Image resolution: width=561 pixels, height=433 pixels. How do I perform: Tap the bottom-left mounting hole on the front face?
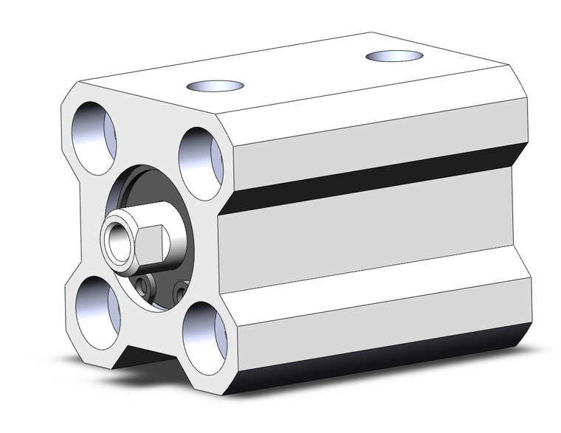pos(94,305)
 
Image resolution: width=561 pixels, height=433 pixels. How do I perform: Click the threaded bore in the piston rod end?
pos(117,240)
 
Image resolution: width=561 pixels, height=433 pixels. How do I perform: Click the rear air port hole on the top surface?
pos(394,56)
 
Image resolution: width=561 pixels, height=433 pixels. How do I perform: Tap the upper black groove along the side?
pos(369,177)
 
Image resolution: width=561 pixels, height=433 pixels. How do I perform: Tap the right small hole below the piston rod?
pos(177,292)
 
